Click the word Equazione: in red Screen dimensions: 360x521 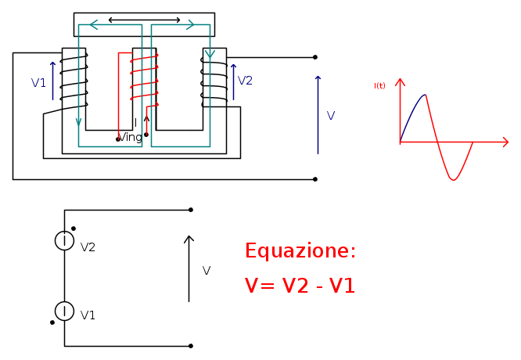[300, 251]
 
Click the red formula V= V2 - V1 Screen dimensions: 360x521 [300, 286]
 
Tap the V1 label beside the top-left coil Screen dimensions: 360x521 [38, 82]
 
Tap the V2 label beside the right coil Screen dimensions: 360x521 [245, 80]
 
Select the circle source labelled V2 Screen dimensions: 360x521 [64, 241]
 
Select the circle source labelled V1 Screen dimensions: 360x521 [64, 310]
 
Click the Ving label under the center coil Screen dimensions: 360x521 [130, 137]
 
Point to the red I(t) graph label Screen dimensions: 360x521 [379, 85]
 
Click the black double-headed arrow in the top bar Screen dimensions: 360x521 [144, 19]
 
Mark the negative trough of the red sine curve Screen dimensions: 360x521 [453, 178]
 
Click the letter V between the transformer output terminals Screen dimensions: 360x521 [330, 116]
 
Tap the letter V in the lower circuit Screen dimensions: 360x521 [206, 271]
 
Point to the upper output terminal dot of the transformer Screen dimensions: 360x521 [315, 57]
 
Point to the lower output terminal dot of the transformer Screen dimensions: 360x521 [315, 179]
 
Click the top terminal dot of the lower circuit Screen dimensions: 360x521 [191, 210]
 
